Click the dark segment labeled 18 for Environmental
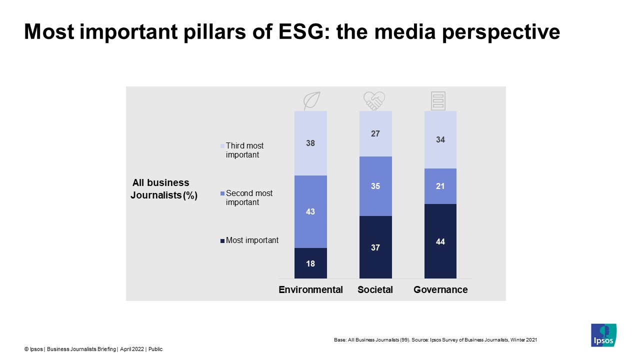pos(310,263)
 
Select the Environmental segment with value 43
pos(310,211)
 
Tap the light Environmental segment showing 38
pos(310,143)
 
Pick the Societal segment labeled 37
pos(375,247)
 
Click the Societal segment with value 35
pos(375,186)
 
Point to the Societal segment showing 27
pos(375,133)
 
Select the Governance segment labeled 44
pos(440,241)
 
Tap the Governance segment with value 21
pos(440,186)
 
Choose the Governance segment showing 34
pos(440,140)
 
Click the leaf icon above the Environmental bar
pos(312,101)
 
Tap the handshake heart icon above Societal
pos(374,101)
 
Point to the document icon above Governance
pos(438,101)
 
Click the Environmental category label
pos(310,289)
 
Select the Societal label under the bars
pos(375,289)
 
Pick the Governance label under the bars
pos(440,289)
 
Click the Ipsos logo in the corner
pos(603,335)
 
